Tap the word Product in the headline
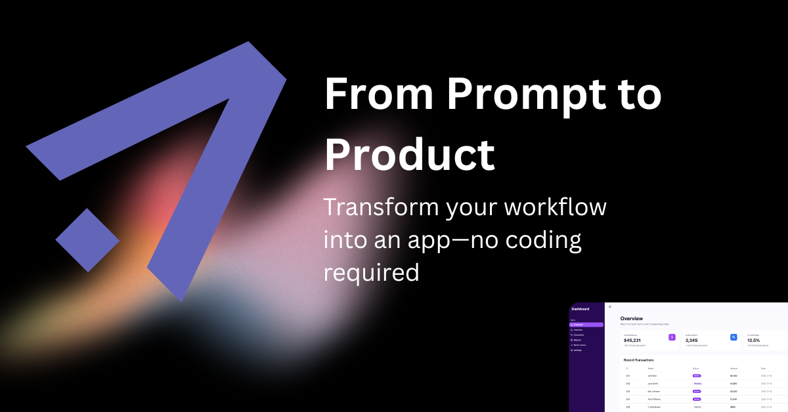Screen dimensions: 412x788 [x=410, y=155]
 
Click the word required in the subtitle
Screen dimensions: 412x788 [x=371, y=270]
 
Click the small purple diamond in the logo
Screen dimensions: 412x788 [x=87, y=239]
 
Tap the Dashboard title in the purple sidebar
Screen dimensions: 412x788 [x=580, y=308]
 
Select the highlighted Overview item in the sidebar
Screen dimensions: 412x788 [x=586, y=325]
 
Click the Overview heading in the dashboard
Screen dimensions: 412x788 [x=632, y=318]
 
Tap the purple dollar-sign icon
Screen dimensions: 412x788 [x=672, y=337]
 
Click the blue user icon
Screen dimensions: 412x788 [x=733, y=337]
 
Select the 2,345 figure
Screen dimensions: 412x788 [x=691, y=340]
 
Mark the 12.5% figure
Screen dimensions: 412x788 [x=753, y=340]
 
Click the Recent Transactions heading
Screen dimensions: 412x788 [x=638, y=360]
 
